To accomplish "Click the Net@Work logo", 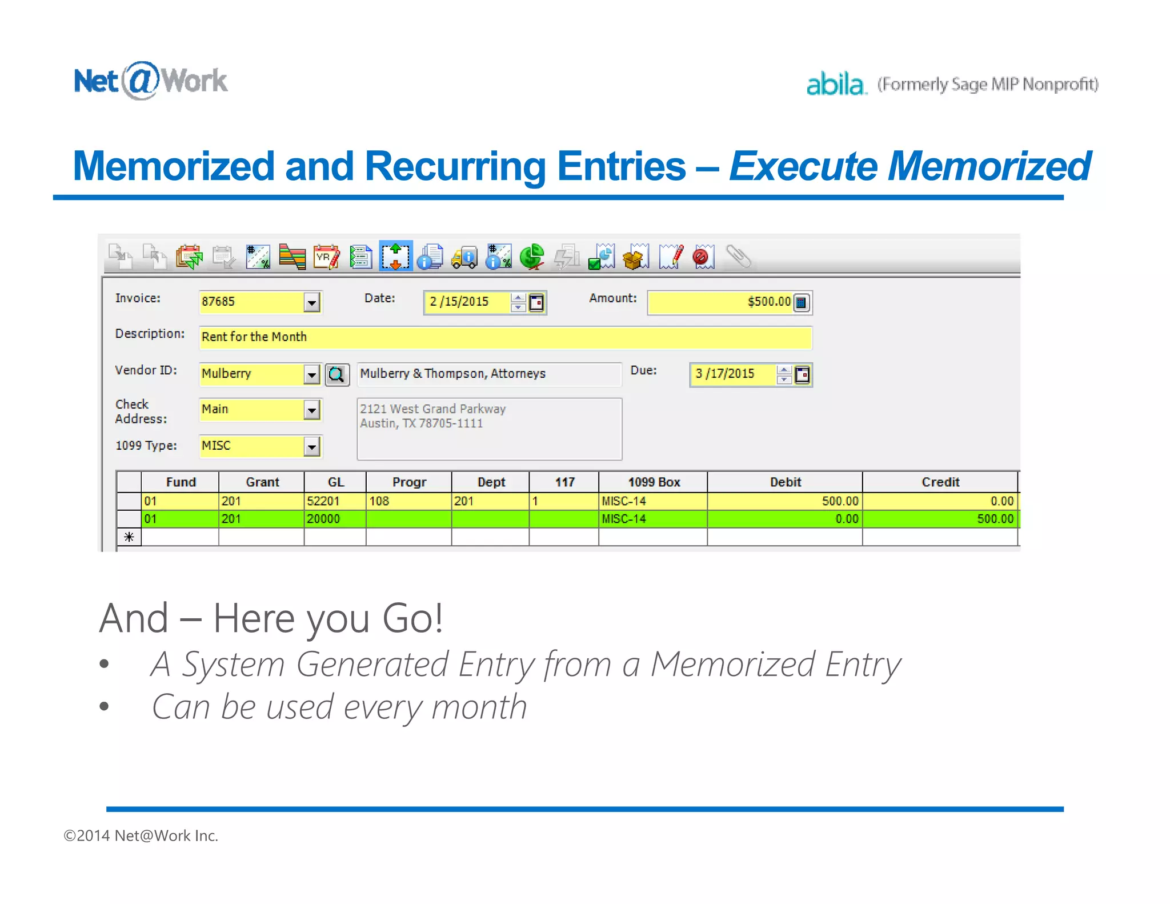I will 150,81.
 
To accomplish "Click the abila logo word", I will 835,85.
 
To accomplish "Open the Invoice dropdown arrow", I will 311,302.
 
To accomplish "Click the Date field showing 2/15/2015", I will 466,302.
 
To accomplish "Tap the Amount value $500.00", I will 768,302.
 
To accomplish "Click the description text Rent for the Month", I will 254,337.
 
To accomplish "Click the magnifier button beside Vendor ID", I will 336,375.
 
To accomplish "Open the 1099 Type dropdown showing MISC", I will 311,446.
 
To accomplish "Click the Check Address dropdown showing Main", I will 311,410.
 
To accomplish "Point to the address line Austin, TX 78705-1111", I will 421,423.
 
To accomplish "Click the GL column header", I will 335,482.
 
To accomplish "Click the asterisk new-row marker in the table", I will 129,537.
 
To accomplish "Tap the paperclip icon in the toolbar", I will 738,257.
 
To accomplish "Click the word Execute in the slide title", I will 803,166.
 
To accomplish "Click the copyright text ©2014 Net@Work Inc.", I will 141,836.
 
